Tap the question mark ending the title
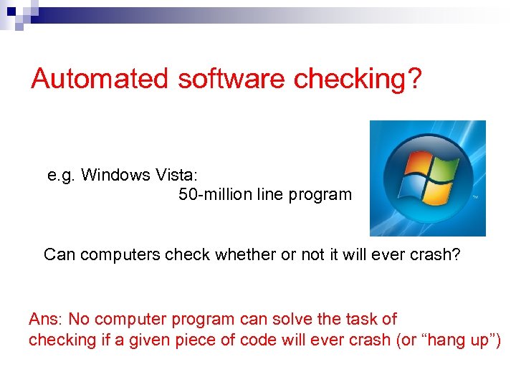(414, 78)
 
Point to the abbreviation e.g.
(61, 175)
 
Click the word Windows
(112, 175)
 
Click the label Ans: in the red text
(45, 319)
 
